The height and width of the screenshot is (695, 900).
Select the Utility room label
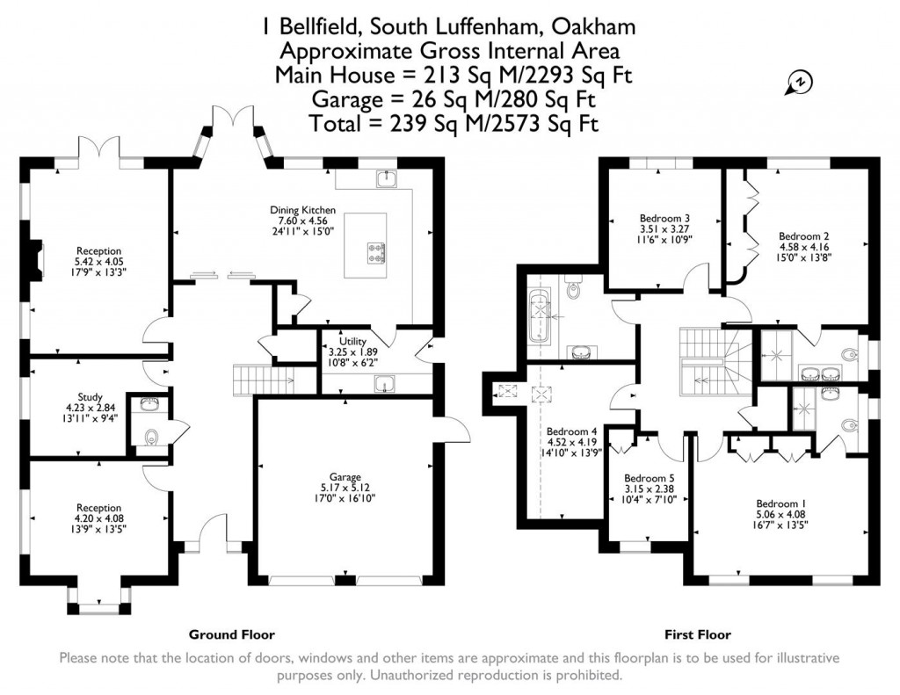point(340,341)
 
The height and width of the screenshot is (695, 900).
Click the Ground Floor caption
point(232,634)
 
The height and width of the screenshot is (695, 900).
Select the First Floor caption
point(698,634)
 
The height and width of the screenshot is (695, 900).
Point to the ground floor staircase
point(263,380)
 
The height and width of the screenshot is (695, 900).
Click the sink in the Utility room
point(384,383)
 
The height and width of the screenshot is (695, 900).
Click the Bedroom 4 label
point(571,431)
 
